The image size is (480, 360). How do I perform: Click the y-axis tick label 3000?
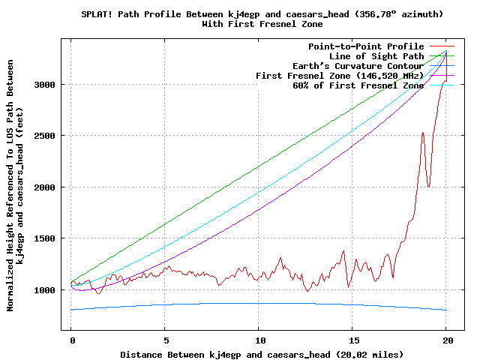(46, 85)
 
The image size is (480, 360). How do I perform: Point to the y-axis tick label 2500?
(46, 136)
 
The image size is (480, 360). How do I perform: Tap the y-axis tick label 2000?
(46, 187)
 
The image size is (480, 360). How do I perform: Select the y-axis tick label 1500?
(46, 238)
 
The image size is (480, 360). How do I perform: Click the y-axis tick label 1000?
(46, 290)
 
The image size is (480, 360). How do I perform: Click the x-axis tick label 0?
(71, 340)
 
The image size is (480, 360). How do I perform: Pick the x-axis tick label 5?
(165, 340)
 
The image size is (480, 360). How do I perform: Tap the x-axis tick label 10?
(259, 340)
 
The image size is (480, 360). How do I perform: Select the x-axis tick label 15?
(352, 340)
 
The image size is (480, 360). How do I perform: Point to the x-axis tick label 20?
(446, 340)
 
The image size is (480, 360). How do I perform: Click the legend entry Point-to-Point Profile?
(366, 46)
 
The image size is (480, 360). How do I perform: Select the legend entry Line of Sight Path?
(376, 56)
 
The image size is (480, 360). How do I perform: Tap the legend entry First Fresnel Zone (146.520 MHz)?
(340, 76)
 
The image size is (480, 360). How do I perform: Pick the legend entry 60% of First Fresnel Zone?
(358, 85)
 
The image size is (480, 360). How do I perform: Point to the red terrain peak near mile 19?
(423, 133)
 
